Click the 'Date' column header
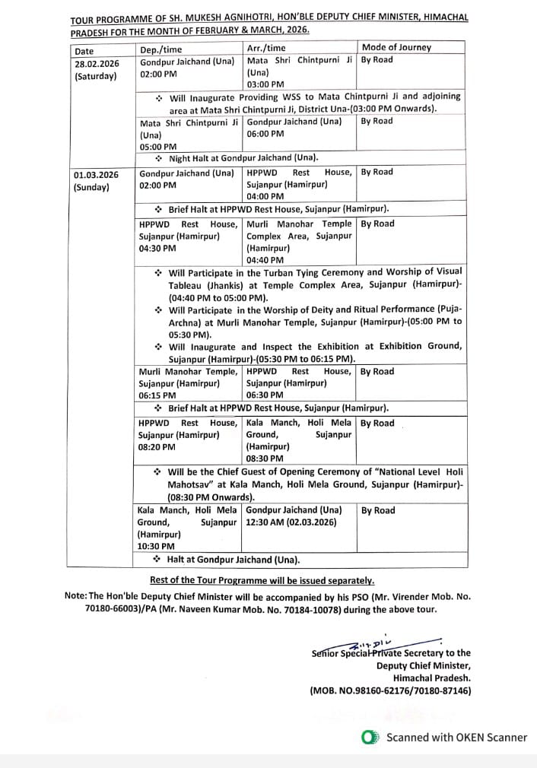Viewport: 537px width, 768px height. click(x=84, y=51)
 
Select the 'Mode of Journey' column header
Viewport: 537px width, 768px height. click(x=396, y=47)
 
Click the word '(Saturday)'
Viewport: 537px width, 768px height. click(x=96, y=76)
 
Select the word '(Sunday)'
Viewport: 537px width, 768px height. click(x=91, y=187)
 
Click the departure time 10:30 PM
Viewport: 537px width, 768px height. click(x=156, y=546)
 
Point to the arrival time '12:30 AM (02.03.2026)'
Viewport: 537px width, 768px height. click(x=291, y=522)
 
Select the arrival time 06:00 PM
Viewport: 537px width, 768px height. click(x=265, y=134)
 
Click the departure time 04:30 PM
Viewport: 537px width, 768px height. click(x=157, y=248)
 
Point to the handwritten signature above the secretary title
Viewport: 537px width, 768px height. click(x=380, y=643)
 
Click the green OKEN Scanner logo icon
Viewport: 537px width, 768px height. click(x=370, y=737)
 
